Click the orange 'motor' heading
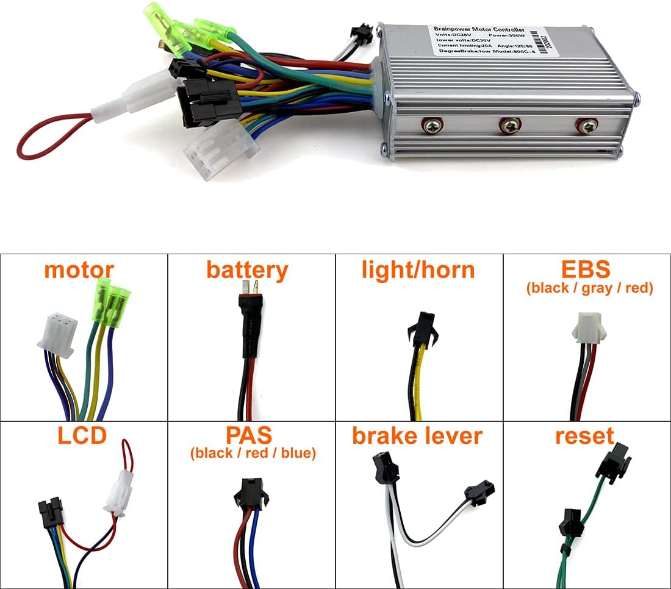pyautogui.click(x=79, y=270)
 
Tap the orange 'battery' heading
pyautogui.click(x=247, y=270)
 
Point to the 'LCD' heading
pyautogui.click(x=82, y=436)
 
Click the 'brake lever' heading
pyautogui.click(x=417, y=436)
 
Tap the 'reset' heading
pyautogui.click(x=584, y=436)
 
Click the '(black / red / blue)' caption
pyautogui.click(x=253, y=454)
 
